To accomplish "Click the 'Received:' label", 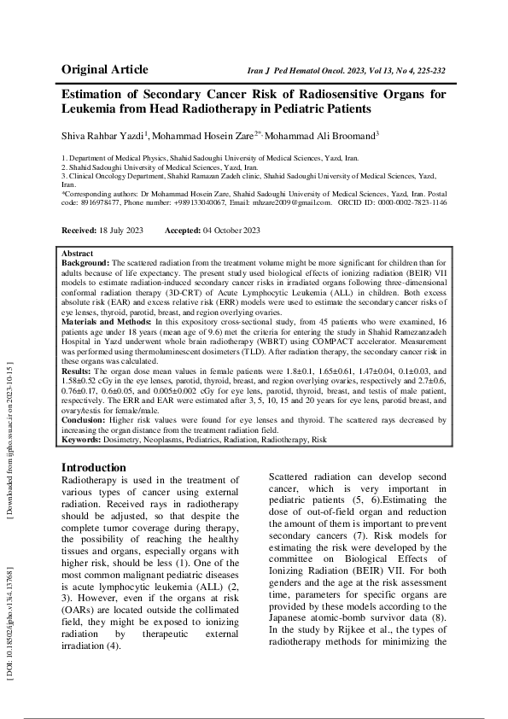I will (79, 231).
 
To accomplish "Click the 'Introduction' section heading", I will (94, 468).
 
